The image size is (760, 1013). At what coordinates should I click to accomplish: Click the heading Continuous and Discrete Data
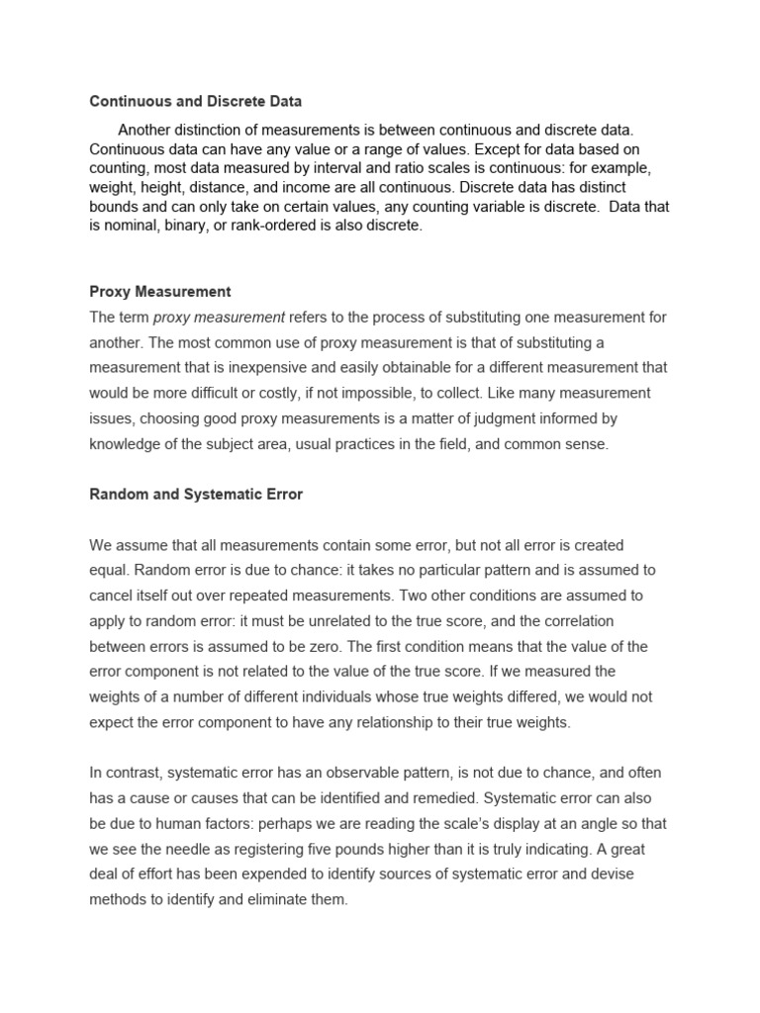196,101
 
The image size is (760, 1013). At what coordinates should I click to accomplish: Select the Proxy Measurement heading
160,292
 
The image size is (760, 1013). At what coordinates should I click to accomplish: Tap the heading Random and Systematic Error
196,495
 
